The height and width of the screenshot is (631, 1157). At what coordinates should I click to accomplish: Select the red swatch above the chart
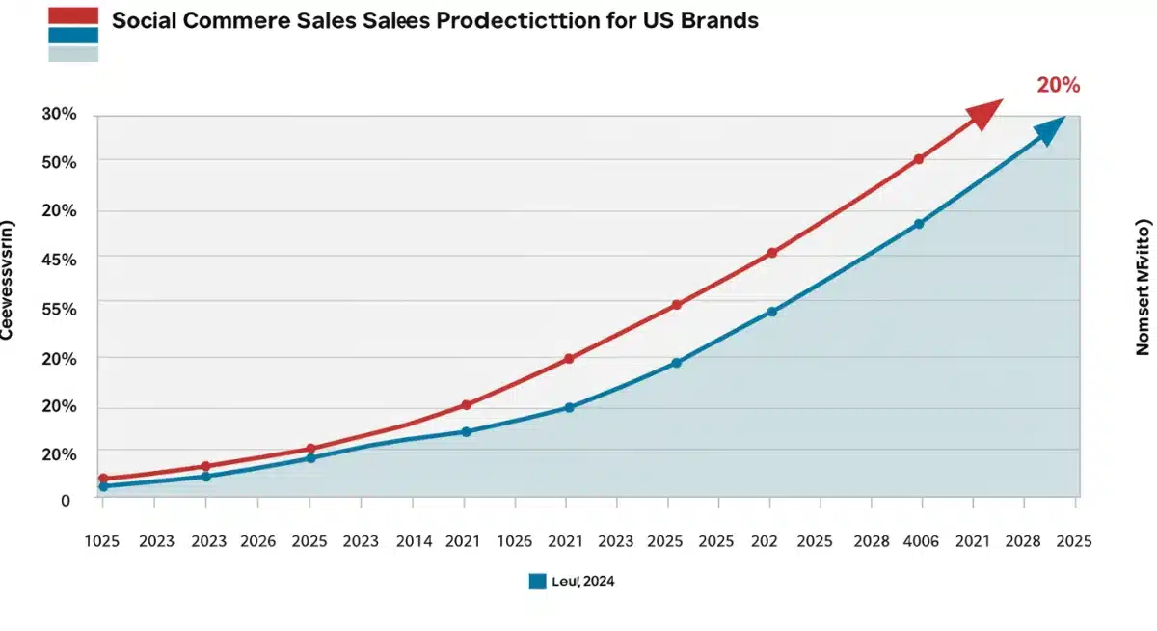(x=73, y=15)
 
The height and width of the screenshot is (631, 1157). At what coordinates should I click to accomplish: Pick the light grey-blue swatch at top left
(x=73, y=54)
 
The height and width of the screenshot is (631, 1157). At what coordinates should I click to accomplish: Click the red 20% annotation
(x=1058, y=85)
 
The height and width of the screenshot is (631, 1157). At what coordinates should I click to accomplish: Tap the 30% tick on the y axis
(x=59, y=114)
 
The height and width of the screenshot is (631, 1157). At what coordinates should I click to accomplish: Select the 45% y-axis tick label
(x=59, y=260)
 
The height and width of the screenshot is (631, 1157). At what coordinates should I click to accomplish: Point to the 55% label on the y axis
(x=59, y=309)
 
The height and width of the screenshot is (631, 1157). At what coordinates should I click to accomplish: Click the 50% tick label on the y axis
(x=59, y=162)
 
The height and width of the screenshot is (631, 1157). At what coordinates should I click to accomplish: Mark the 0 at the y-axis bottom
(x=66, y=501)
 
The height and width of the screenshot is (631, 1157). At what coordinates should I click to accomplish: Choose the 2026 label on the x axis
(x=257, y=542)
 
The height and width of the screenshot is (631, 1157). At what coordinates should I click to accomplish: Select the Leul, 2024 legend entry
(x=573, y=581)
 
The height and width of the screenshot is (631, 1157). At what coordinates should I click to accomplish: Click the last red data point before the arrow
(x=919, y=159)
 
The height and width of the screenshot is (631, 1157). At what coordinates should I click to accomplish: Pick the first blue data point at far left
(x=103, y=486)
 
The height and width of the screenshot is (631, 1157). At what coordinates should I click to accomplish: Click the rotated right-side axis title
(x=1144, y=288)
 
